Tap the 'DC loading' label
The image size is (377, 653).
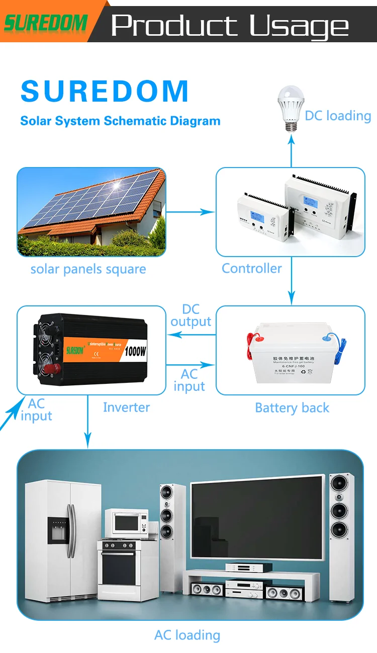pyautogui.click(x=338, y=116)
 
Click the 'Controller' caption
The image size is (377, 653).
pyautogui.click(x=252, y=268)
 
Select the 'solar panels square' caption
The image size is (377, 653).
pyautogui.click(x=88, y=269)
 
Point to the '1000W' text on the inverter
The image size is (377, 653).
pyautogui.click(x=135, y=351)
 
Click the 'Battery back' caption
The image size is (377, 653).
pyautogui.click(x=292, y=407)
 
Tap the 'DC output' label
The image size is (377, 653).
pyautogui.click(x=191, y=315)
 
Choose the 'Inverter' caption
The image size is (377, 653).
pyautogui.click(x=126, y=407)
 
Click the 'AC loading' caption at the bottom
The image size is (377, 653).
pyautogui.click(x=187, y=635)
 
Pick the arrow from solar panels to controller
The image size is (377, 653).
pyautogui.click(x=191, y=212)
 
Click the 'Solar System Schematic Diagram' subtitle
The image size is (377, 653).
pyautogui.click(x=120, y=121)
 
